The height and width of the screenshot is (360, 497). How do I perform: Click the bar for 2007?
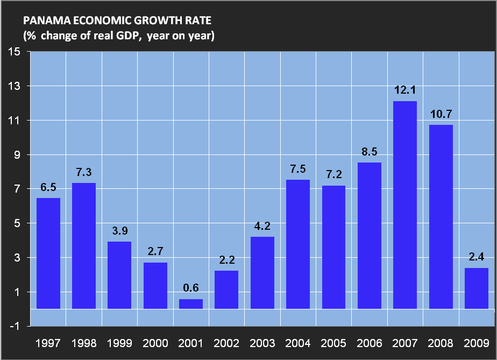coord(405,204)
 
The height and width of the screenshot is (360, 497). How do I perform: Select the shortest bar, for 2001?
coord(191,304)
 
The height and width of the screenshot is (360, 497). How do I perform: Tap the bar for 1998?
coord(84,245)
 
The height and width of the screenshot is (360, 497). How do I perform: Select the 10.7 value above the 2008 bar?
coord(441,115)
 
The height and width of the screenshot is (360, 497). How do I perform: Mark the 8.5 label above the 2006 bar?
coord(370,152)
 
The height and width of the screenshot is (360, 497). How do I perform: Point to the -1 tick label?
coord(15,327)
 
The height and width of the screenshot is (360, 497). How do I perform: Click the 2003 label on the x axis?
coord(262,342)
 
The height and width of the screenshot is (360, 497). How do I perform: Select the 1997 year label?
coord(48,342)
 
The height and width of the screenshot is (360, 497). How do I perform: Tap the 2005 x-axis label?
coord(333,342)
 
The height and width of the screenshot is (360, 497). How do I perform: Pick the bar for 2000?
coord(155,285)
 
